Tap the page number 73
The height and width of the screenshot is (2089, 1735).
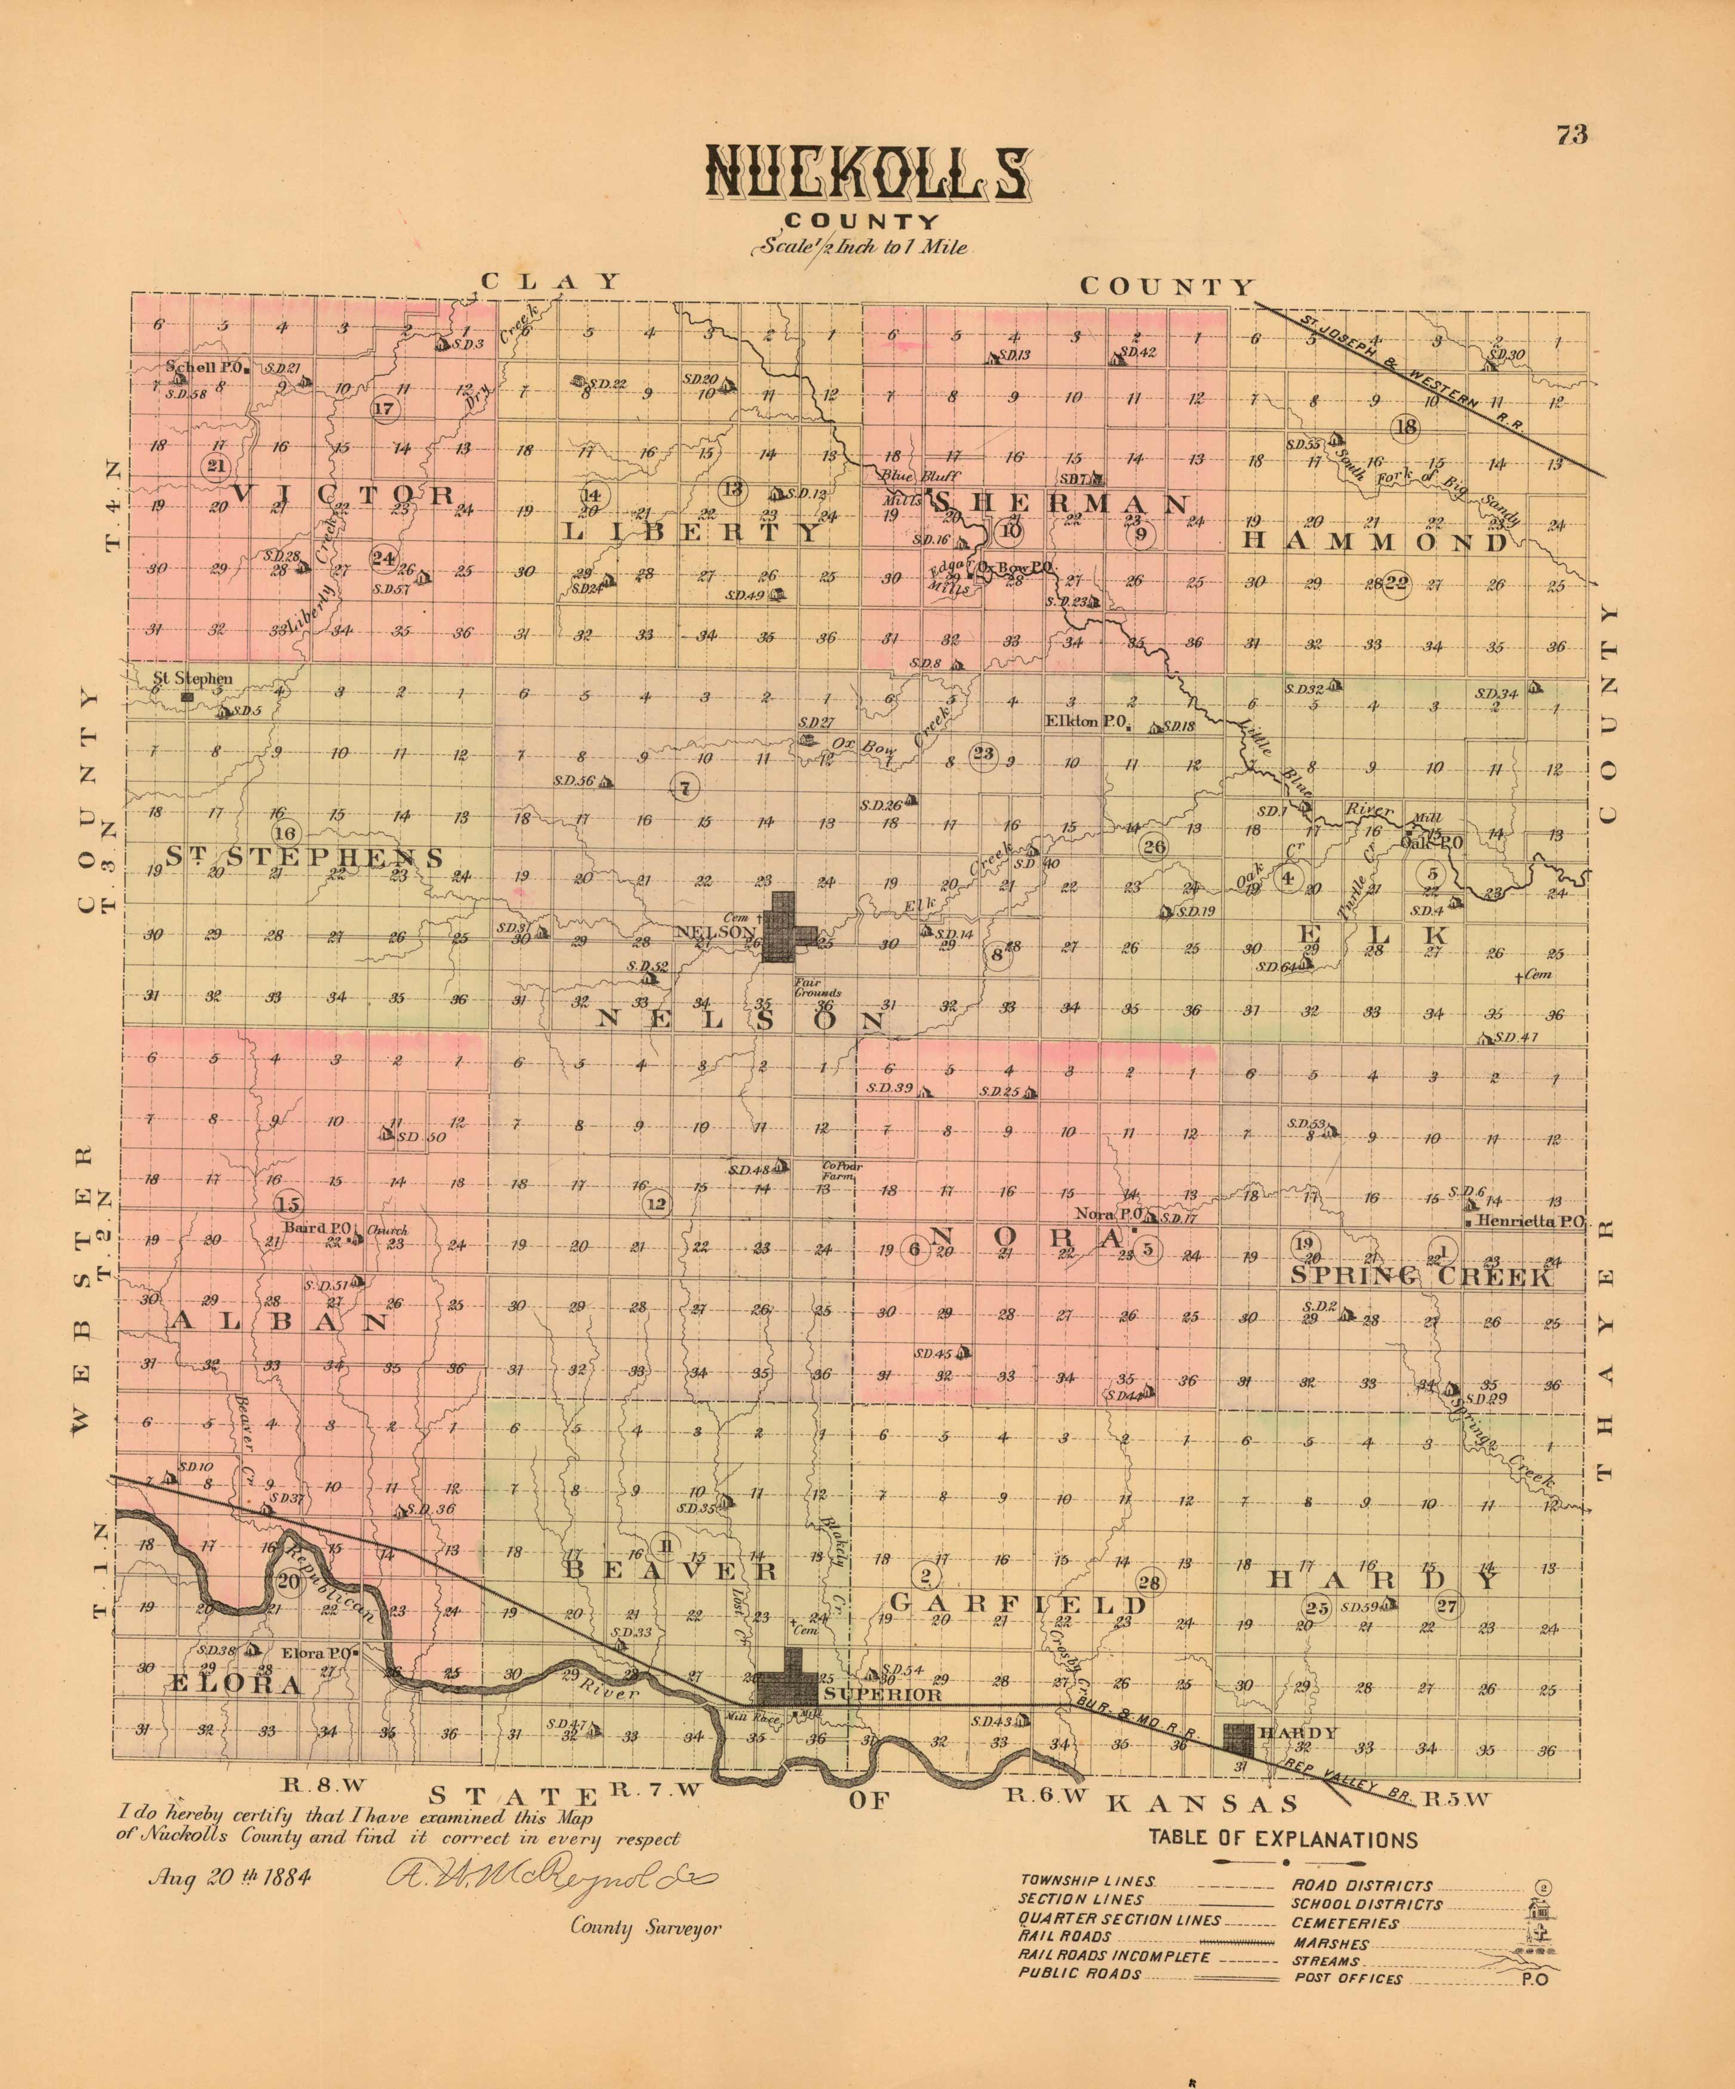tap(1572, 136)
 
